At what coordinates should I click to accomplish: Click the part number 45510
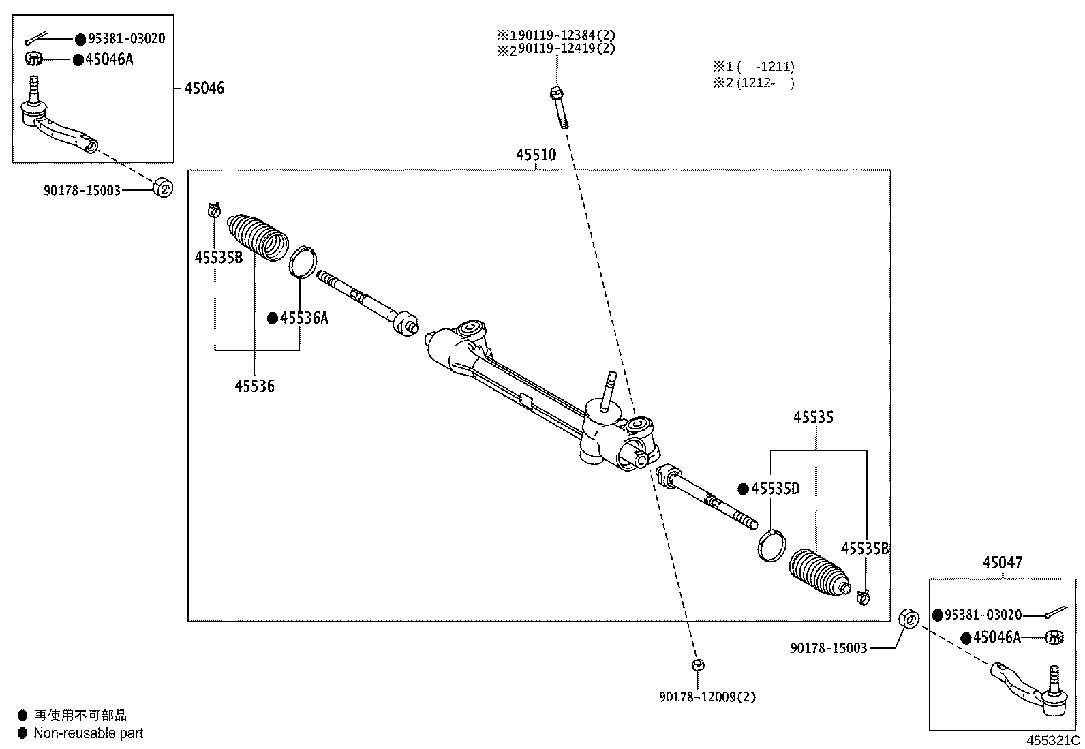(x=536, y=155)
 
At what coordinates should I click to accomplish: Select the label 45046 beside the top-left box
(x=204, y=88)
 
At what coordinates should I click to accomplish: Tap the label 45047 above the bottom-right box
(x=1002, y=563)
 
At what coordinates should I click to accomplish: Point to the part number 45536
(x=254, y=386)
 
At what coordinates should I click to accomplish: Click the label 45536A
(x=303, y=318)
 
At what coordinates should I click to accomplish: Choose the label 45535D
(x=775, y=489)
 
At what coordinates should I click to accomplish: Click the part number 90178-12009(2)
(x=707, y=697)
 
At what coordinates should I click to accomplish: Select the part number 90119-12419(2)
(x=566, y=49)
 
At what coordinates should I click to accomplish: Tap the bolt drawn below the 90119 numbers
(x=557, y=108)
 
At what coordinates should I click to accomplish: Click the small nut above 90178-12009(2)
(x=698, y=664)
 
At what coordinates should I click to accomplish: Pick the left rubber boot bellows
(x=258, y=236)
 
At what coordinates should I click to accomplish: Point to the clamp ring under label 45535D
(x=770, y=545)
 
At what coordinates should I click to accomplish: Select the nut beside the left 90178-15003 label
(x=162, y=187)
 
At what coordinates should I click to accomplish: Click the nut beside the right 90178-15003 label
(x=908, y=619)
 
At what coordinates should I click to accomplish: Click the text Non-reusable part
(x=89, y=733)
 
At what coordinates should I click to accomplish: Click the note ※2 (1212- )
(x=753, y=83)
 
